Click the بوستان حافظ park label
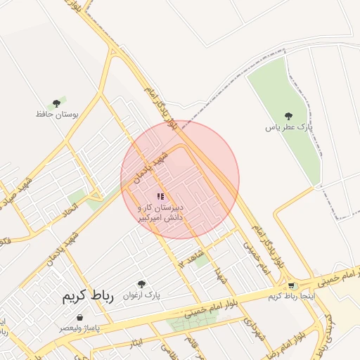57,113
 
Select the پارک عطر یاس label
288,127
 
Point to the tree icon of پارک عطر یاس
288,116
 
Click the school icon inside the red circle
160,196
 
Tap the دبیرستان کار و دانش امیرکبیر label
162,213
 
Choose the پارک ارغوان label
142,295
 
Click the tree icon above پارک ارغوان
142,284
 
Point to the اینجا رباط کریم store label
291,296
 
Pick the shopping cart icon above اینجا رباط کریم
291,285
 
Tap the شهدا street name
223,275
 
